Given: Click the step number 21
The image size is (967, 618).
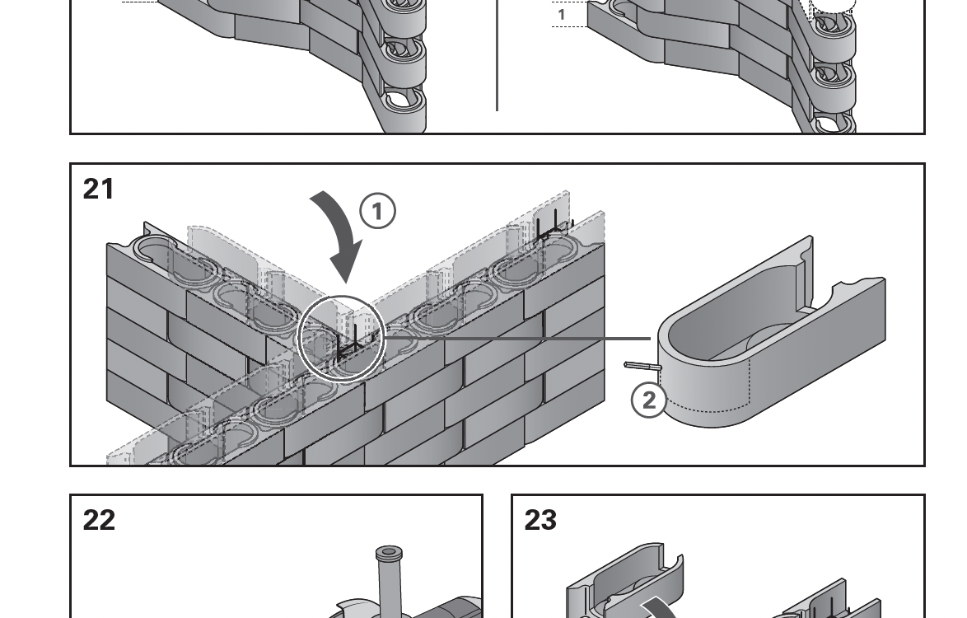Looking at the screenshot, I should click(x=99, y=190).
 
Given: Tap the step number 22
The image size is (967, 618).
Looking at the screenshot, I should click(x=99, y=520).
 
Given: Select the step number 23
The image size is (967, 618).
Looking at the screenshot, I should click(x=540, y=520).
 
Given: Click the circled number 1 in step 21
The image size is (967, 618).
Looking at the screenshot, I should click(x=378, y=212).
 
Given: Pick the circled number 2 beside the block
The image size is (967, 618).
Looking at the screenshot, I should click(x=648, y=400).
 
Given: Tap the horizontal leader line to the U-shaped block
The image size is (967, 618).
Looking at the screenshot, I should click(x=519, y=337).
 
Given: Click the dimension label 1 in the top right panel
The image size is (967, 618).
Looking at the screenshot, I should click(x=562, y=14).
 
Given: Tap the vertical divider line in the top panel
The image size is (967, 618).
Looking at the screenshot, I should click(x=497, y=58).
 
